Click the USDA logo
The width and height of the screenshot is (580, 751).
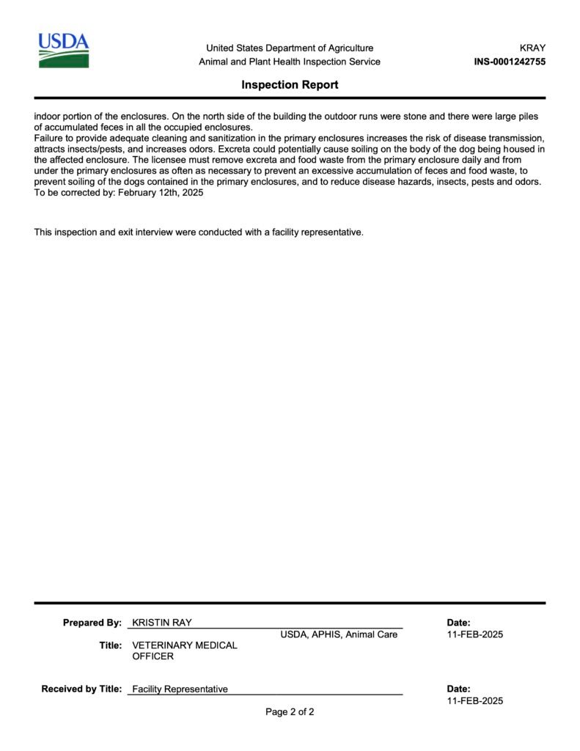point(64,51)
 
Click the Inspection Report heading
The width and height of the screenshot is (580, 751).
point(290,85)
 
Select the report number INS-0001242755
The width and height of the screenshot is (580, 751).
point(510,62)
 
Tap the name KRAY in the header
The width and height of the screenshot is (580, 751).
point(532,48)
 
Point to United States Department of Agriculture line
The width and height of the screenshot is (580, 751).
point(290,48)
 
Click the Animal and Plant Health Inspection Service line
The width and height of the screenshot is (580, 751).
point(290,62)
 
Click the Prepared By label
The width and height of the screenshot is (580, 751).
point(92,623)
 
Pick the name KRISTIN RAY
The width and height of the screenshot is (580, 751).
point(162,623)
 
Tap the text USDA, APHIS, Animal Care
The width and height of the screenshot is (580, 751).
point(339,634)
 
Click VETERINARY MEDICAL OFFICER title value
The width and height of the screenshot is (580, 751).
point(184,651)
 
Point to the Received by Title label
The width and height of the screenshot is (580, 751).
point(81,689)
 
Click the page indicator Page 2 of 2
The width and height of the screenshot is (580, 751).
point(290,711)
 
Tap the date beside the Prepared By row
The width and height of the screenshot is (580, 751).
point(475,634)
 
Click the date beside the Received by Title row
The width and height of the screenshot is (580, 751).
point(475,700)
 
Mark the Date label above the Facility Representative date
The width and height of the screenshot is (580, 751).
point(458,689)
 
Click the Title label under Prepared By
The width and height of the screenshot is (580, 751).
point(110,645)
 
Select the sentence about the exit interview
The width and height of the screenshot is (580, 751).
point(199,232)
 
